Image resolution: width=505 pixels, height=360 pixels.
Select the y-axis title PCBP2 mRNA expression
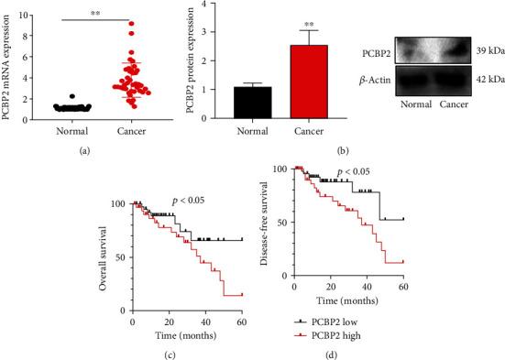8,60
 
